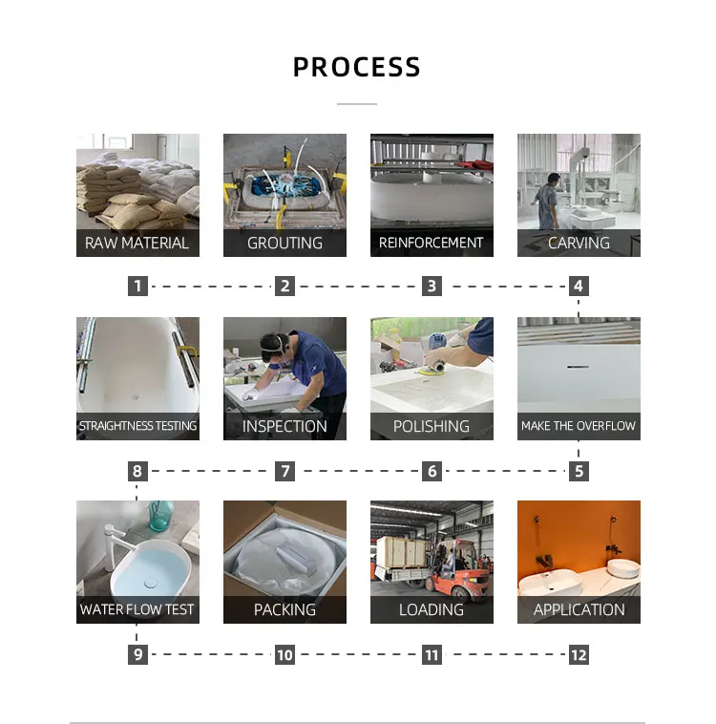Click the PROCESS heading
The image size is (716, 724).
(x=356, y=68)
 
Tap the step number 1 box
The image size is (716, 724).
(x=137, y=286)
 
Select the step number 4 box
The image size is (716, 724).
(x=579, y=286)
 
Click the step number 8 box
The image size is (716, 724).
(x=137, y=471)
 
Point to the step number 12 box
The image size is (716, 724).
(x=579, y=654)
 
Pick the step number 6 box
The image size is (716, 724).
(x=432, y=471)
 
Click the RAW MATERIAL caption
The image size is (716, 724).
(x=137, y=243)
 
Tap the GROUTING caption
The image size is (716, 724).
(x=284, y=243)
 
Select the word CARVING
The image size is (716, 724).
(x=579, y=243)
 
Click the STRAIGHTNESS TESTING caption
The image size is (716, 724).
(x=137, y=426)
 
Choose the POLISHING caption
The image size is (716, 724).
(x=432, y=426)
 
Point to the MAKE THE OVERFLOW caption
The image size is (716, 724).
(x=579, y=426)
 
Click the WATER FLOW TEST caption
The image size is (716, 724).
(x=137, y=609)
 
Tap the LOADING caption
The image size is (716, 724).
(x=432, y=609)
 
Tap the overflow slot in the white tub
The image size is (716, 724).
(x=579, y=367)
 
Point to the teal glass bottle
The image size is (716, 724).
(x=162, y=517)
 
